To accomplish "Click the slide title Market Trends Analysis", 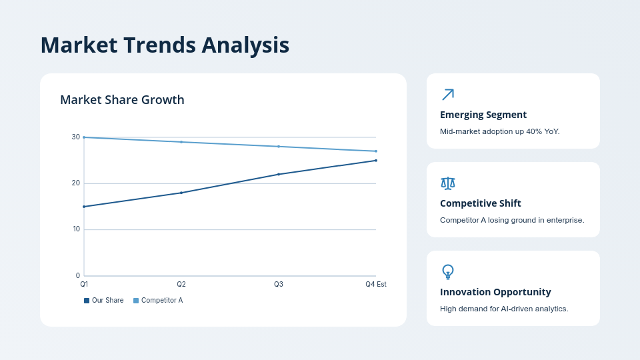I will tap(165, 45).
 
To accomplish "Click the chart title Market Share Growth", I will tap(122, 100).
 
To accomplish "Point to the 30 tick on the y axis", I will tap(76, 137).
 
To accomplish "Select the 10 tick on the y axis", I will tap(76, 229).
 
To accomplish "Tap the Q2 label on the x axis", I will tap(181, 284).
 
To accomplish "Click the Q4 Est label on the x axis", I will tap(375, 284).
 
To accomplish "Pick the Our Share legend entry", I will tap(104, 301).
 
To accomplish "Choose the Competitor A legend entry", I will tap(158, 301).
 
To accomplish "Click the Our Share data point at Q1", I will tap(84, 207).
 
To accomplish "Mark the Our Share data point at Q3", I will tap(279, 175).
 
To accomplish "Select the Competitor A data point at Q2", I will tap(181, 142).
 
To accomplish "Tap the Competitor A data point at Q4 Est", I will tap(376, 151).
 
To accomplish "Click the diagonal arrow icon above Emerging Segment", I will tap(448, 95).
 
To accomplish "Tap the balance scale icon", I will tap(448, 183).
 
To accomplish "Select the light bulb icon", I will tap(448, 272).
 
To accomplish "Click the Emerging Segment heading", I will tap(483, 115).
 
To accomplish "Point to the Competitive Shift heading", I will tap(481, 203).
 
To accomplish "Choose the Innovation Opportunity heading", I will tap(495, 292).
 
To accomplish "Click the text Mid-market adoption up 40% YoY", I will tap(500, 131).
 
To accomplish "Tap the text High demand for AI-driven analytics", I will tap(504, 309).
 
